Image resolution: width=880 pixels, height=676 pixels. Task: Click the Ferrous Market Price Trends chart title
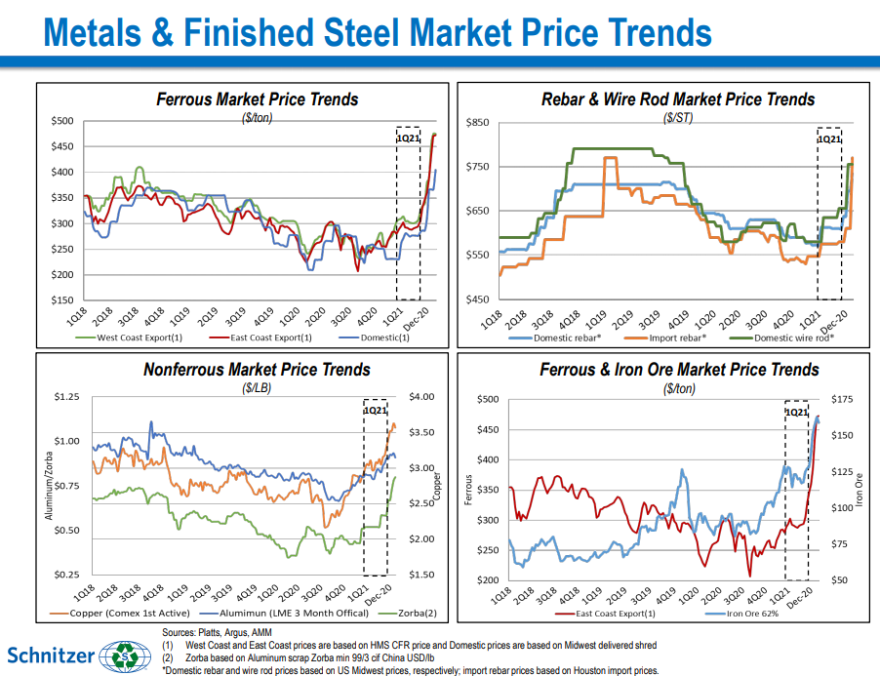coord(258,99)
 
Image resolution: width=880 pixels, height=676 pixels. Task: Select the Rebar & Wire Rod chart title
coord(678,99)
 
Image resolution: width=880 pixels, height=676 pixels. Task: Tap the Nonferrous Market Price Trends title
coord(258,370)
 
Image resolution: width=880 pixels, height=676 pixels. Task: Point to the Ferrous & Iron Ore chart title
coord(679,370)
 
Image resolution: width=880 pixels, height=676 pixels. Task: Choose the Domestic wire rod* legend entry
coord(793,338)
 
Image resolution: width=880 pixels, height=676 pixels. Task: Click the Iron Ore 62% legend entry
coord(748,614)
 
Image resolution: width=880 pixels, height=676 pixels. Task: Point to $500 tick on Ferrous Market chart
coord(62,121)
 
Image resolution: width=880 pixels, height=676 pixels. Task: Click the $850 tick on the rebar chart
coord(478,123)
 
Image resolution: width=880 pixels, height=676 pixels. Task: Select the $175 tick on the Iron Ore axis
coord(841,399)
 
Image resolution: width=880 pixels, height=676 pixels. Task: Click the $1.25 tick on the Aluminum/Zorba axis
coord(66,397)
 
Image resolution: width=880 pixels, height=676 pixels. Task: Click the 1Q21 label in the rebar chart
coord(828,139)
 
